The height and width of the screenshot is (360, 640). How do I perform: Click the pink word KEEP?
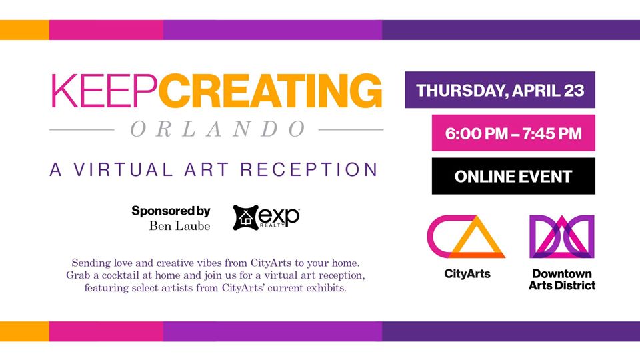click(104, 91)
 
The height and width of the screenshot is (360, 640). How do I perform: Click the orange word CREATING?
click(270, 91)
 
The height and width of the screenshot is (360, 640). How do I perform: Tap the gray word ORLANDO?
click(218, 129)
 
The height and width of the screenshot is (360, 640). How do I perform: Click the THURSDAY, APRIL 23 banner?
click(500, 90)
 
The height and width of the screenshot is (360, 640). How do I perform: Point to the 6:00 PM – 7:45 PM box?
click(513, 133)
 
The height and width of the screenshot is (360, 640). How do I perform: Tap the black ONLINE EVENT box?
click(513, 176)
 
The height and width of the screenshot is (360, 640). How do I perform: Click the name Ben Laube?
click(179, 226)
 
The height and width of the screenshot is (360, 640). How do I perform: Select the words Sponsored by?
click(171, 211)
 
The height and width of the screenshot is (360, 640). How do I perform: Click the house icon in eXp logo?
click(246, 217)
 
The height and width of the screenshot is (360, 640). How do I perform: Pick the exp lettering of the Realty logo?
click(279, 217)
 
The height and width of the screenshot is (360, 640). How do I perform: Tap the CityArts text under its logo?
click(467, 273)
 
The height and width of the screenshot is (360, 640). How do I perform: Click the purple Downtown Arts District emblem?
click(562, 237)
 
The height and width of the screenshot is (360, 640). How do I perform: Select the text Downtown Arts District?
click(562, 279)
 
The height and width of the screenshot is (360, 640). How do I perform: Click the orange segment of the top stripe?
click(25, 30)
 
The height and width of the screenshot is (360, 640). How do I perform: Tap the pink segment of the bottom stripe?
click(106, 331)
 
